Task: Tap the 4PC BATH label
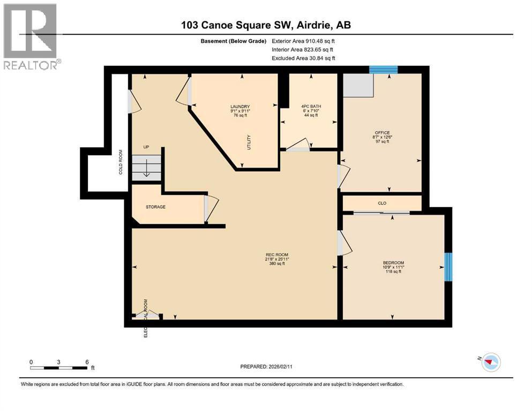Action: point(312,106)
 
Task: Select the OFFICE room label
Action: point(382,133)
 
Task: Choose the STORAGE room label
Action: point(155,207)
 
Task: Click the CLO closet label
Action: point(382,203)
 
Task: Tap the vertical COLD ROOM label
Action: point(121,162)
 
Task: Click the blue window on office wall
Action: point(383,69)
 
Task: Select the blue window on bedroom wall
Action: point(449,267)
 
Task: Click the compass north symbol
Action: point(489,362)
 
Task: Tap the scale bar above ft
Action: point(59,367)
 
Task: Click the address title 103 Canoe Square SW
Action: point(266,25)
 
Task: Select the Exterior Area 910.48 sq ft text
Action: point(304,41)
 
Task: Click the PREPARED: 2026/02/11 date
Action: point(266,367)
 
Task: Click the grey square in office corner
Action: point(358,85)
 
